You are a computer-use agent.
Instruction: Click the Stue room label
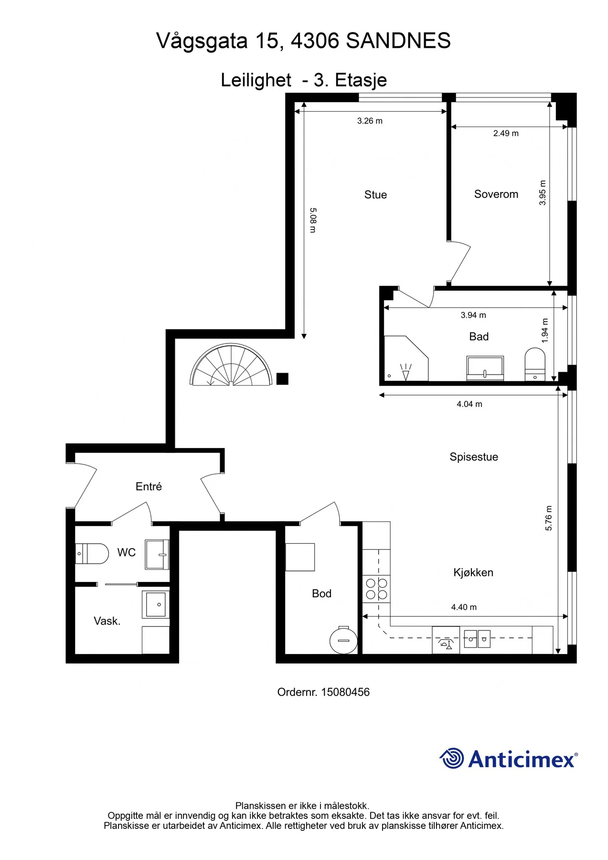(x=375, y=194)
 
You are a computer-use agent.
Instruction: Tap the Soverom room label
(x=496, y=194)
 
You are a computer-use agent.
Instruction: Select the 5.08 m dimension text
(x=313, y=220)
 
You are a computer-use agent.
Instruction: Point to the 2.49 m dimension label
(x=506, y=133)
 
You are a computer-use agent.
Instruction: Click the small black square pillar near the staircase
(x=282, y=379)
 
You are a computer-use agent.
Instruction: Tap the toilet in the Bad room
(x=535, y=364)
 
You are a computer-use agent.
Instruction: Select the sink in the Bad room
(x=485, y=368)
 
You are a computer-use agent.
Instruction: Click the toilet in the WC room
(x=92, y=553)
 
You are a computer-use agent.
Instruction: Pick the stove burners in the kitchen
(x=376, y=589)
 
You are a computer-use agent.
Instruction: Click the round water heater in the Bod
(x=343, y=640)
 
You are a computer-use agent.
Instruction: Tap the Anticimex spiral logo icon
(x=451, y=758)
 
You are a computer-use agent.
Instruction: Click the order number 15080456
(x=345, y=692)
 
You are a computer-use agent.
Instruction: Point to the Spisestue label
(x=474, y=457)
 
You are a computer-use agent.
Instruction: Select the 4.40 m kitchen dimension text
(x=464, y=607)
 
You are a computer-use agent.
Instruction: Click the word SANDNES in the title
(x=398, y=41)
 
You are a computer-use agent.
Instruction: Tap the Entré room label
(x=149, y=486)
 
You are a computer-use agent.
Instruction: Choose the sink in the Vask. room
(x=156, y=604)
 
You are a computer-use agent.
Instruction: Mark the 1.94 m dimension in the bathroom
(x=545, y=331)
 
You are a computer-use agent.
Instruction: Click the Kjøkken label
(x=473, y=572)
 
